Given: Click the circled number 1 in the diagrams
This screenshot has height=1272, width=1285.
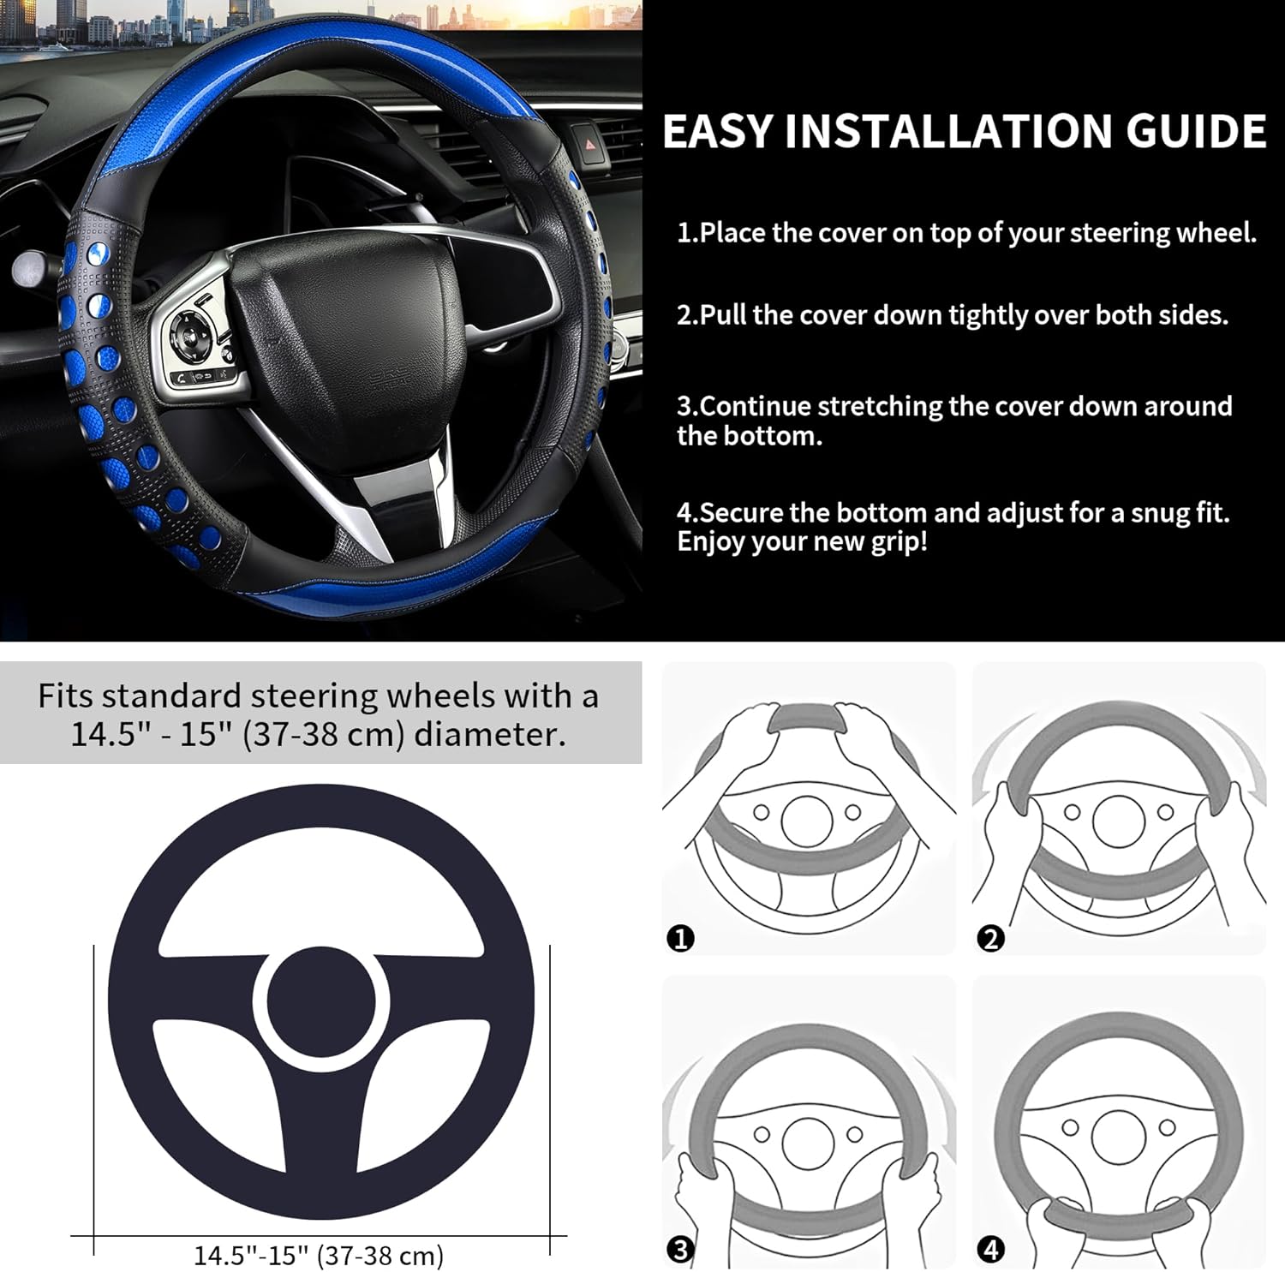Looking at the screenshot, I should point(680,939).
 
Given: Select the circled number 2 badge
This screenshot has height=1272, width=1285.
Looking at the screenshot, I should point(990,939).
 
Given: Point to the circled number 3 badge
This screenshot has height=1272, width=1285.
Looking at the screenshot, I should point(680,1250).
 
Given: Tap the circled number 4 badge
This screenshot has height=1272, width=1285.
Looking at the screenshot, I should point(990,1250).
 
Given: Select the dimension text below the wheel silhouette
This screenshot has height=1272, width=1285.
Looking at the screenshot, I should point(319,1256).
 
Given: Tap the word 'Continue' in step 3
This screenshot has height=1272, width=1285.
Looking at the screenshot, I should point(755,406).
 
